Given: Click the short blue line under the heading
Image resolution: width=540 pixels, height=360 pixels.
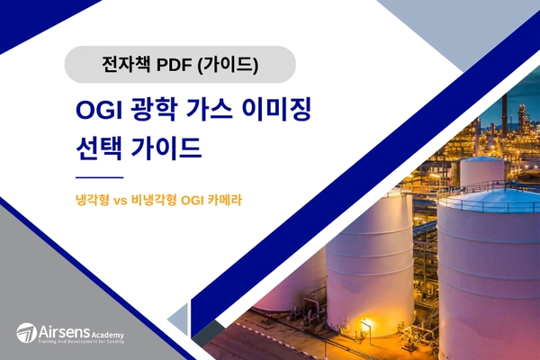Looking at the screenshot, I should (x=99, y=178).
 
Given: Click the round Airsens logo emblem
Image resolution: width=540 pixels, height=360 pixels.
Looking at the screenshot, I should (x=26, y=332).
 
